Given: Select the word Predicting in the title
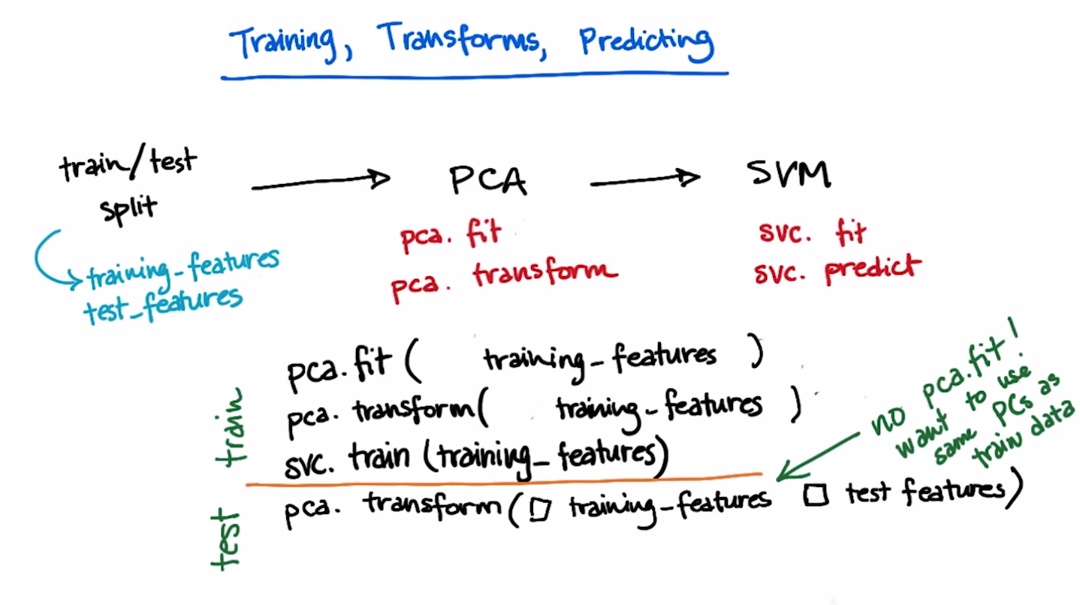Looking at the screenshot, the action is (647, 44).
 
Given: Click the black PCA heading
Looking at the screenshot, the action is (488, 180).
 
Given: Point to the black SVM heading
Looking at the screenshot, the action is (789, 173).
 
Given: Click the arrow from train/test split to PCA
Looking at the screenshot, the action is (321, 182).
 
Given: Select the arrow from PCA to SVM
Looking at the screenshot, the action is (645, 179).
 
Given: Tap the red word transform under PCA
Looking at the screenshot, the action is (545, 273).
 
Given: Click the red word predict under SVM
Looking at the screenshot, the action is (873, 269).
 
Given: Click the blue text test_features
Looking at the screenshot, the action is (163, 306).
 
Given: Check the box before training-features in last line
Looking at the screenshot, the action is (540, 509).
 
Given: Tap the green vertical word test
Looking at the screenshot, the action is (225, 540).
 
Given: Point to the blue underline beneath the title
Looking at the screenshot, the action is (475, 76).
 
